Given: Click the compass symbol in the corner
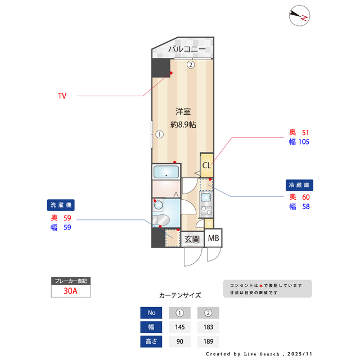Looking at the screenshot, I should point(299,16).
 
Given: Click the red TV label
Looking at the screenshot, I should point(62,96).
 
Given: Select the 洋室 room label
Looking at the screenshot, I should point(183,111).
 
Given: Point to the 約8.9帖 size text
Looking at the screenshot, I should point(183,124).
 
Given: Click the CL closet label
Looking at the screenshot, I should point(206,165).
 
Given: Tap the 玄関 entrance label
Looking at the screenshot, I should point(192,239).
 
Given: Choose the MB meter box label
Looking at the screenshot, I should point(214,238).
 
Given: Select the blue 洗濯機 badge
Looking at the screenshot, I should point(61,205).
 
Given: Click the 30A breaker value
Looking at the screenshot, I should point(70,291).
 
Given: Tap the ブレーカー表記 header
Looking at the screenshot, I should point(70,280).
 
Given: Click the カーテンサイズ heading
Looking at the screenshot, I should point(180,295).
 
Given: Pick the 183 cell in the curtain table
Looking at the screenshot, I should point(208,327).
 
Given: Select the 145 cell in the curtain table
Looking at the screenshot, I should point(180,327).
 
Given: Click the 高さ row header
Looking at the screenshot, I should point(151,341).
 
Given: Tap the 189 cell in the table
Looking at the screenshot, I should point(208,341).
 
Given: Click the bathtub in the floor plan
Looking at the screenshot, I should point(166,172).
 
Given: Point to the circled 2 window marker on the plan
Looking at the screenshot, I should point(191,64).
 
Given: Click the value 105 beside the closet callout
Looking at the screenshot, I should point(304,142).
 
